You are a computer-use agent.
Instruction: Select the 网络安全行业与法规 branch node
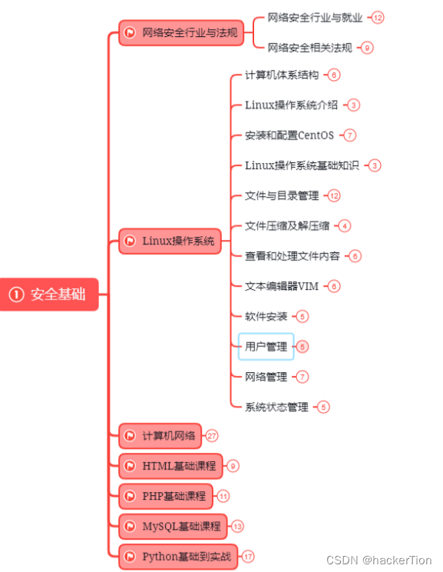pos(180,32)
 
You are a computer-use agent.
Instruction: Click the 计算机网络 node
pos(160,435)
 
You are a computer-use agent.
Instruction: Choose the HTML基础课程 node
pos(170,466)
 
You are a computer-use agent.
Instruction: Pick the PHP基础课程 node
pos(166,496)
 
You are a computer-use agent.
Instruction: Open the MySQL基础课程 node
pos(173,527)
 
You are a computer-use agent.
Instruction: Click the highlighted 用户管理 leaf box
pos(266,347)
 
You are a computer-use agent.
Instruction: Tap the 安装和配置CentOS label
pos(289,135)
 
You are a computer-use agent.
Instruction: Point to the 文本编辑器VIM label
pos(281,286)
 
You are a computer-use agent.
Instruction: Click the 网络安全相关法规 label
pos(309,48)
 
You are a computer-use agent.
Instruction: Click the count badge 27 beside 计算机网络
pos(212,435)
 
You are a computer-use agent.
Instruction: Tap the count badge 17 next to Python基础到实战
pos(248,556)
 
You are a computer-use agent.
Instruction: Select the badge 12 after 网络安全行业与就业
pos(377,17)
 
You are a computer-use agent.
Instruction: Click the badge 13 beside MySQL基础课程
pos(237,527)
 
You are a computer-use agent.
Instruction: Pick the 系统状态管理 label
pos(276,407)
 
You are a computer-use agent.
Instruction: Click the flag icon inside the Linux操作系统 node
pos(130,241)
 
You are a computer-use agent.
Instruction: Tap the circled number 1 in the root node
pos(17,294)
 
